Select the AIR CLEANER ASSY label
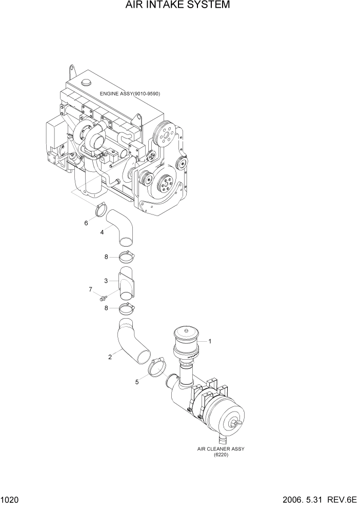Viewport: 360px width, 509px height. [x=221, y=448]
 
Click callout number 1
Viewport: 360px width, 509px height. [x=210, y=341]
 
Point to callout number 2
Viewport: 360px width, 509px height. [x=110, y=357]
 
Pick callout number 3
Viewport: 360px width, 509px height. [x=106, y=281]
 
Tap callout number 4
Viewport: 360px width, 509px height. [x=103, y=232]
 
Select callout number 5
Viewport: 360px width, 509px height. [x=136, y=382]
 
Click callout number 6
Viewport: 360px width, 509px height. [x=86, y=223]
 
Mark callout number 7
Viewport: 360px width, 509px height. [x=90, y=290]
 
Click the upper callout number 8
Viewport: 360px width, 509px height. [x=107, y=257]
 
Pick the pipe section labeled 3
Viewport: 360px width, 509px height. [x=126, y=282]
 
